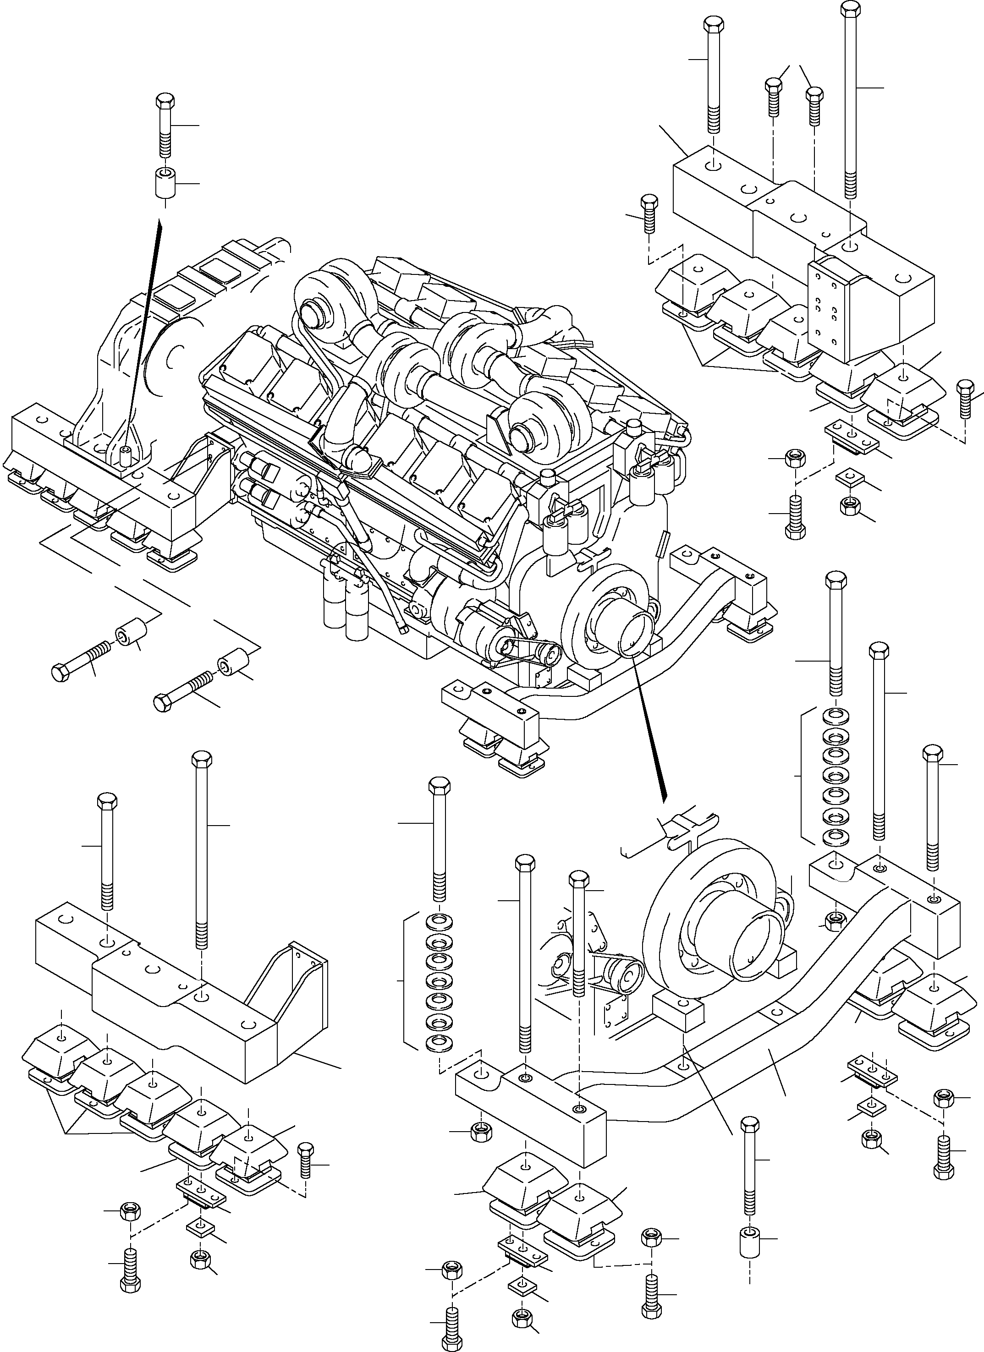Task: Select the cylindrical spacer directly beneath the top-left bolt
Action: click(x=165, y=184)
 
